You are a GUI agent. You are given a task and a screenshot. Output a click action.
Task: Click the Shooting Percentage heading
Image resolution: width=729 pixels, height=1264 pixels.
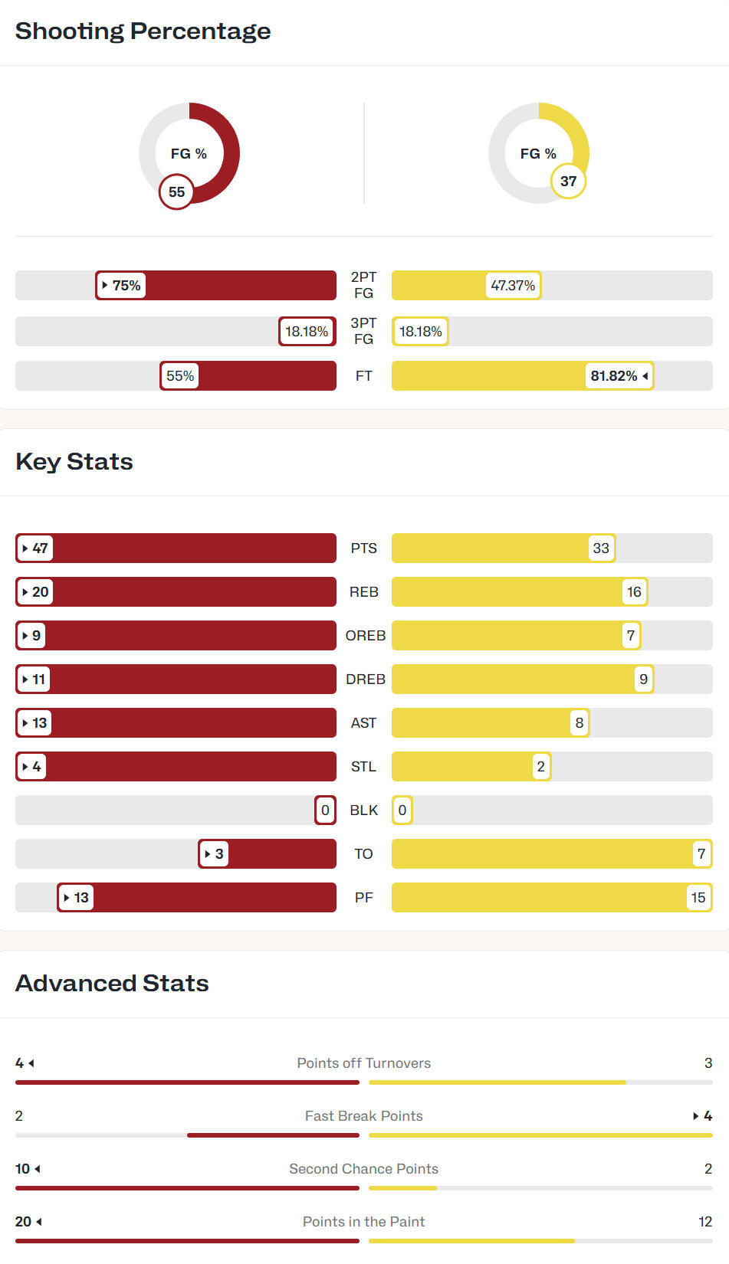coord(143,31)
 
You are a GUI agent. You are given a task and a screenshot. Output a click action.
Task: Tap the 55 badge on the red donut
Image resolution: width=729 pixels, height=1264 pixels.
coord(176,192)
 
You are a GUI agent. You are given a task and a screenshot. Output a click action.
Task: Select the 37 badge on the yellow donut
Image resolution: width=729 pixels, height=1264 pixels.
coord(568,182)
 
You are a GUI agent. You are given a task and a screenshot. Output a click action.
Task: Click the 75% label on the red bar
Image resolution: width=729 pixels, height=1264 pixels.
coord(122,286)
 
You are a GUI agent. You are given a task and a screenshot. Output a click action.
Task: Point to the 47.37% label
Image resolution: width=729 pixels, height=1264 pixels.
coord(513,286)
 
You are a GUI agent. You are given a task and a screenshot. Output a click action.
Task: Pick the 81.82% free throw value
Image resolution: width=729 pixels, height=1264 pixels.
coord(619,376)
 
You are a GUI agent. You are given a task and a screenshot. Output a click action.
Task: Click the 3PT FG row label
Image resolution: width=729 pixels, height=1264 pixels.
coord(363,331)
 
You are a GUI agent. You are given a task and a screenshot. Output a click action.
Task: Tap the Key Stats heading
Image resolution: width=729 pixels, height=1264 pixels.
coord(74,461)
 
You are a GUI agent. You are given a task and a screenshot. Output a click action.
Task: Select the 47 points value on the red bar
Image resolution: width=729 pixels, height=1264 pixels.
coord(35,548)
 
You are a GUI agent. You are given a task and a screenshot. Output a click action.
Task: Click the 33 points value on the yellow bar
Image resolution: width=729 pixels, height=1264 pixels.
coord(601,548)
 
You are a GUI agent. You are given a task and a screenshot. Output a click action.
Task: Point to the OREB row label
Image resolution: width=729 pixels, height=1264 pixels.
coord(365,636)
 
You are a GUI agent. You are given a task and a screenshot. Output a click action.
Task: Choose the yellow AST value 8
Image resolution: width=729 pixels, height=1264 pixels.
coord(579,723)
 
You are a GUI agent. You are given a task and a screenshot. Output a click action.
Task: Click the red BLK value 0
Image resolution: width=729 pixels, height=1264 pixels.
coord(325,810)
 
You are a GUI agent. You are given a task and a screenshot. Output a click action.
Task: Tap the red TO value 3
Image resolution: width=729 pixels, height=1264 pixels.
coord(214,854)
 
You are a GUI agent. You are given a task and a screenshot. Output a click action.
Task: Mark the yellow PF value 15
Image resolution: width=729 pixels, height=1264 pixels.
coord(698,898)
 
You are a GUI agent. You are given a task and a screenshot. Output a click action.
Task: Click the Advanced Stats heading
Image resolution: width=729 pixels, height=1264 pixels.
coord(112,983)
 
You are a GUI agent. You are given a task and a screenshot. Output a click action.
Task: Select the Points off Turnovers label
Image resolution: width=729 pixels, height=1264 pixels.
coord(363,1063)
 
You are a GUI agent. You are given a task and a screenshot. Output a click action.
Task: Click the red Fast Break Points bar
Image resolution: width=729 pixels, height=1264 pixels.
coord(273,1135)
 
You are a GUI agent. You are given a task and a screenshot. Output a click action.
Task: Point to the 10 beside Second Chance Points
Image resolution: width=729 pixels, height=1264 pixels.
coord(23,1169)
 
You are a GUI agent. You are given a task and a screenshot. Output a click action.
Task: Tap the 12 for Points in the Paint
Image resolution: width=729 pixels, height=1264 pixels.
coord(705,1222)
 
